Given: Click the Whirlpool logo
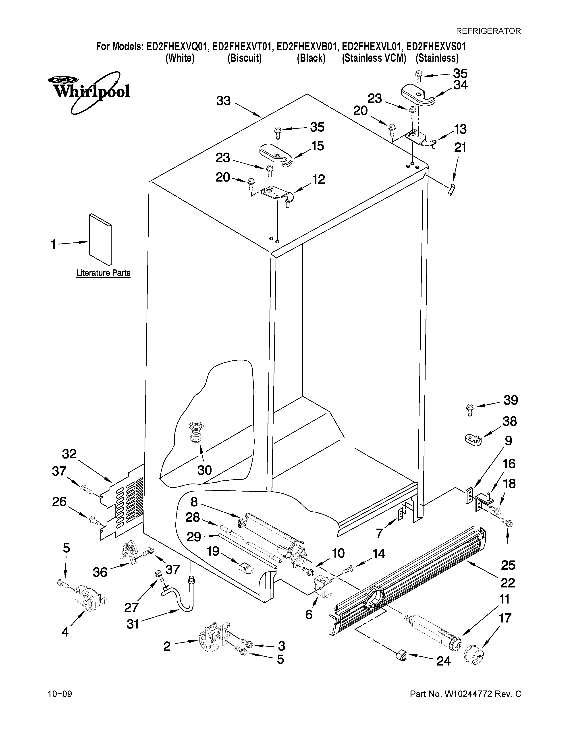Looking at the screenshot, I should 88,91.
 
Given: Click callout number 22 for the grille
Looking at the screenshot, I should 507,583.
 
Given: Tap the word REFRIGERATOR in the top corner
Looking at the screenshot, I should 488,31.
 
